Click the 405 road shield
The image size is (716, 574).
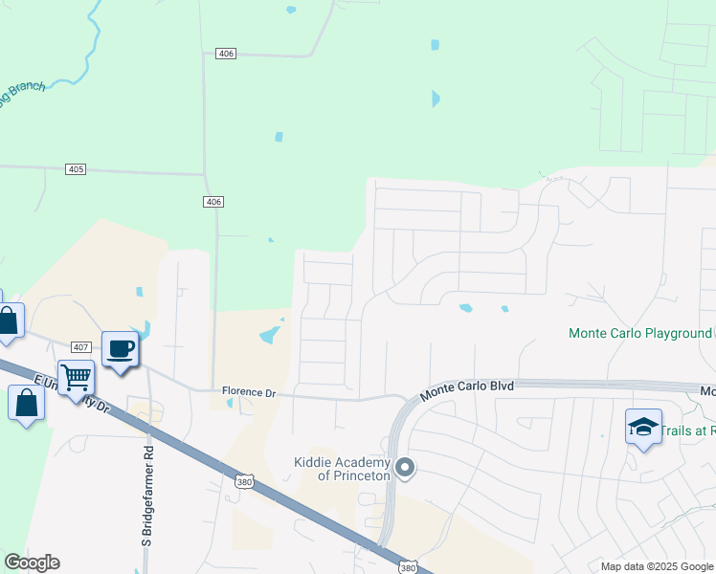click(77, 169)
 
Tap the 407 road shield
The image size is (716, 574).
click(80, 346)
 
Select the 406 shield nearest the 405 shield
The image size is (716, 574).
click(213, 201)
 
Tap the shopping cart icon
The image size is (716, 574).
click(76, 376)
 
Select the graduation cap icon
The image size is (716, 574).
click(643, 427)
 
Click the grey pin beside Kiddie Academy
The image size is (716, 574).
click(405, 468)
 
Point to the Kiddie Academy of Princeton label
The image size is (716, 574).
click(343, 469)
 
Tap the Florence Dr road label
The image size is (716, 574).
click(248, 391)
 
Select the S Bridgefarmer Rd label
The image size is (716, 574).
click(148, 495)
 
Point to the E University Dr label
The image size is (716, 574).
click(72, 393)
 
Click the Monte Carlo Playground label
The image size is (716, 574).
click(638, 334)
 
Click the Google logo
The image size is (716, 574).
click(32, 563)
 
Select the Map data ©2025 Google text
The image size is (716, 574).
click(656, 566)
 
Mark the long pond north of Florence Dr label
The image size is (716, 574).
click(270, 334)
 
